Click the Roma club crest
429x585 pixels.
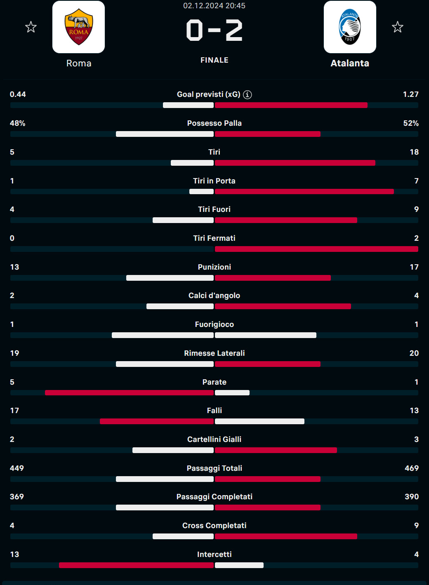pos(78,27)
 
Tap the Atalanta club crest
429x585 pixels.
pos(350,27)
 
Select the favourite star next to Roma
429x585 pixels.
pos(31,27)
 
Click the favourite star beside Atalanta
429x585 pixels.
pos(397,27)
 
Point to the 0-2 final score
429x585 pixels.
pos(214,31)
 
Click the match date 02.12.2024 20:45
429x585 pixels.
pos(214,6)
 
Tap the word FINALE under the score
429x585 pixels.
pos(214,60)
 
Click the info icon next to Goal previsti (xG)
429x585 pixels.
pos(247,94)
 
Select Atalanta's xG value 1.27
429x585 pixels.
pos(410,94)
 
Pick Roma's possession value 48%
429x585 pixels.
pos(18,123)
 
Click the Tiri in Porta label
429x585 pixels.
pos(214,181)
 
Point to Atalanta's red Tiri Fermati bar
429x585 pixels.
pos(316,249)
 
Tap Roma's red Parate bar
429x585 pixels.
pos(129,392)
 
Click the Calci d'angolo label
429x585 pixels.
pos(214,296)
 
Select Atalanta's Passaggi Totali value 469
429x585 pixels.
pos(411,468)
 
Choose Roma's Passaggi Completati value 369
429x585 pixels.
pos(17,497)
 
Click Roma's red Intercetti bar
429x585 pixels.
pos(136,565)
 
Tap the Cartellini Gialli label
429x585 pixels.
pos(214,439)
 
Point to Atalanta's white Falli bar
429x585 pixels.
pos(259,421)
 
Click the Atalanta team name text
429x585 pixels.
pos(350,63)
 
